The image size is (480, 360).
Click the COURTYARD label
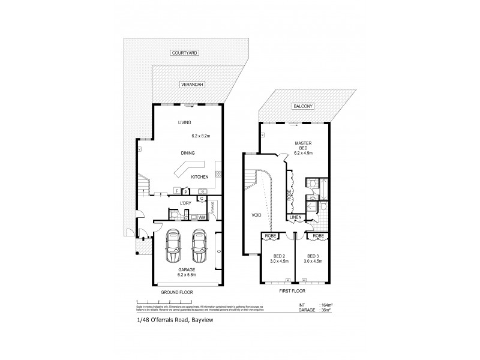[x=185, y=53]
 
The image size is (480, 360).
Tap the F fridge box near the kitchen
[x=176, y=191]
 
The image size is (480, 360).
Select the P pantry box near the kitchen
[x=186, y=191]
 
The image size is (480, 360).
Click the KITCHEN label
[x=200, y=178]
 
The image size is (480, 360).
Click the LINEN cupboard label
[x=296, y=217]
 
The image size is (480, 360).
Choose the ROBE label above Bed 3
[x=319, y=236]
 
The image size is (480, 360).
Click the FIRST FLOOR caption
[x=293, y=291]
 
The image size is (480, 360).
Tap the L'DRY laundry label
[x=186, y=203]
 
